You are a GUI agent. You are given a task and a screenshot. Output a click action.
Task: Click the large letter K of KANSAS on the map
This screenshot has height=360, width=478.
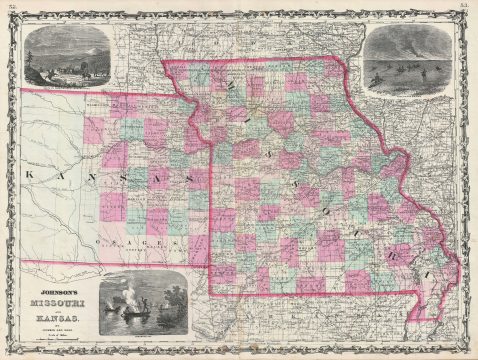point(27,173)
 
